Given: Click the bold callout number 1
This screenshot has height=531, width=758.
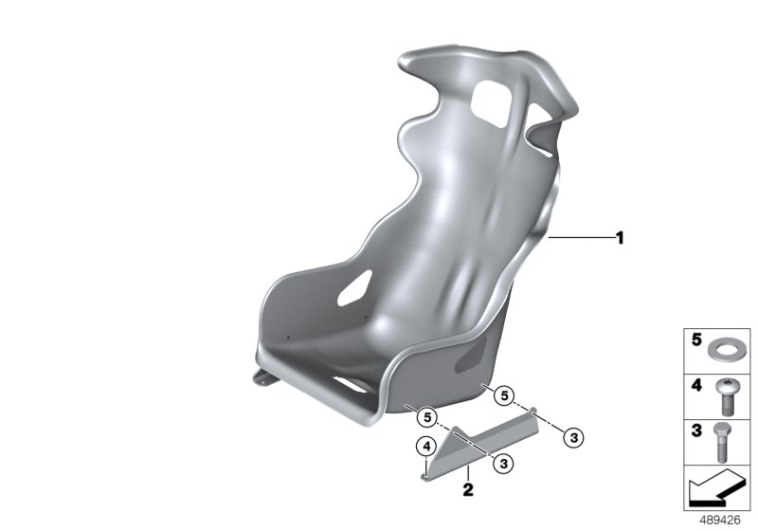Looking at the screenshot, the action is (x=620, y=238).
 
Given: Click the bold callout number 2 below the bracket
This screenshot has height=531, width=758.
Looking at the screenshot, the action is (x=467, y=489).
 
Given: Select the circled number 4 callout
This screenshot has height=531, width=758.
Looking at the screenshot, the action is (x=426, y=447).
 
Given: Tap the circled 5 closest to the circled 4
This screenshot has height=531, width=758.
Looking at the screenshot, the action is (x=427, y=417).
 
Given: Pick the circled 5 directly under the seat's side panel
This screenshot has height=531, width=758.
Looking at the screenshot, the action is (x=504, y=396).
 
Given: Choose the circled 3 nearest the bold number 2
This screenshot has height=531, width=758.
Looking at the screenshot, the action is (x=504, y=464).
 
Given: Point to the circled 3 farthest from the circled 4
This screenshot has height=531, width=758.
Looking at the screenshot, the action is (x=574, y=438).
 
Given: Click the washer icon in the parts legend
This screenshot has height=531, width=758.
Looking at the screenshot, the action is (x=721, y=350).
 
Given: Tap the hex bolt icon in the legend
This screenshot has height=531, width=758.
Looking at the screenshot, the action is (x=722, y=442).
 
